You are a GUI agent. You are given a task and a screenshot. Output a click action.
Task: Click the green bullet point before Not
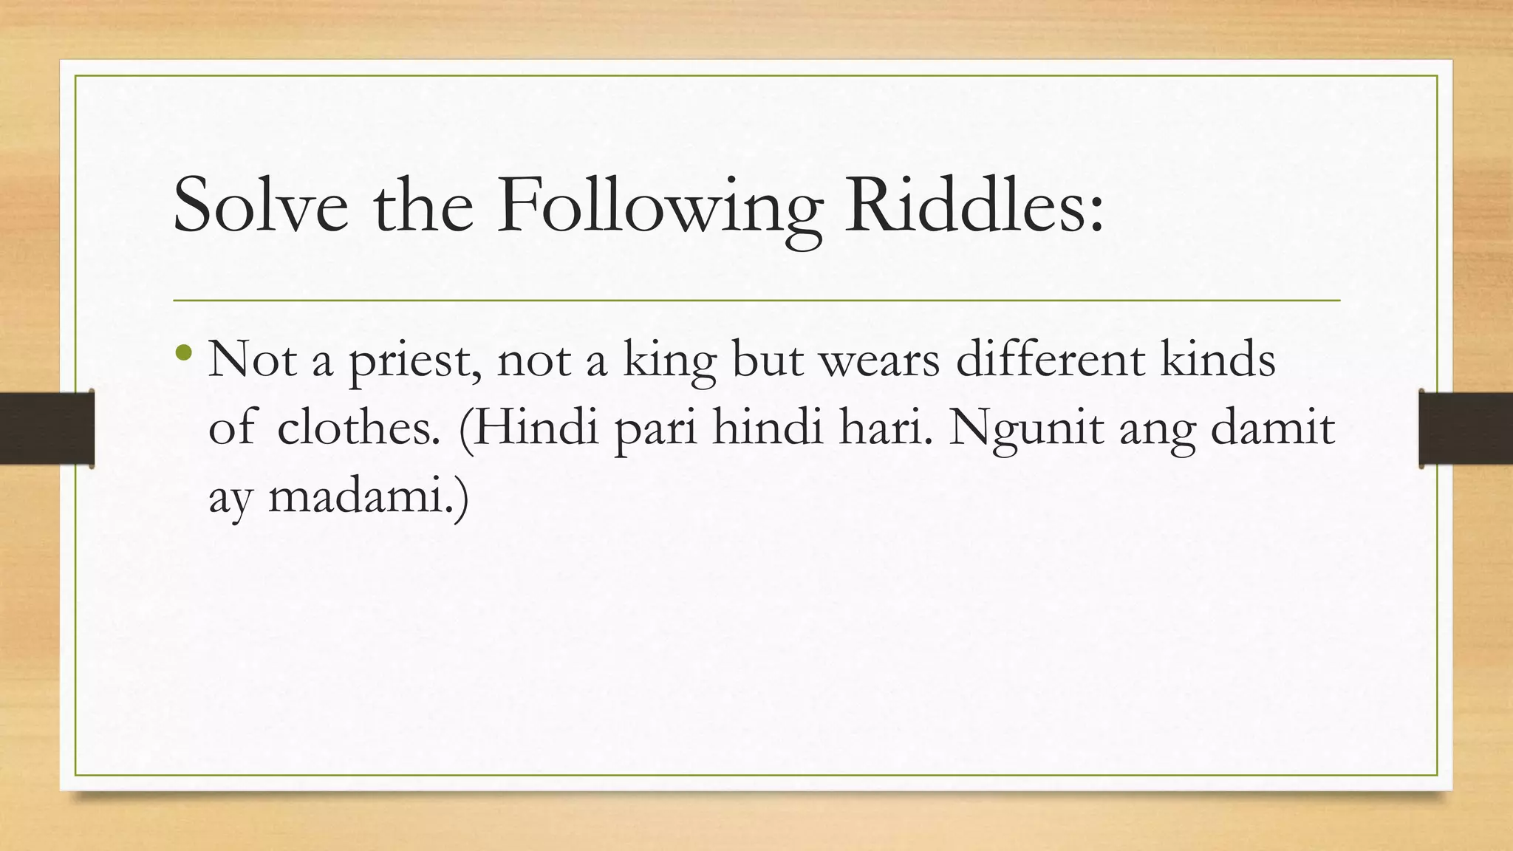(x=185, y=354)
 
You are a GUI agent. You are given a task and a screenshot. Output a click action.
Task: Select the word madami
(x=362, y=497)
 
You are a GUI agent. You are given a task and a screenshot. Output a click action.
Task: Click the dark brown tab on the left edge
(x=47, y=428)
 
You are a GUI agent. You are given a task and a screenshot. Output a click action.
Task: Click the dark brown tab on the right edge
(x=1466, y=428)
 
